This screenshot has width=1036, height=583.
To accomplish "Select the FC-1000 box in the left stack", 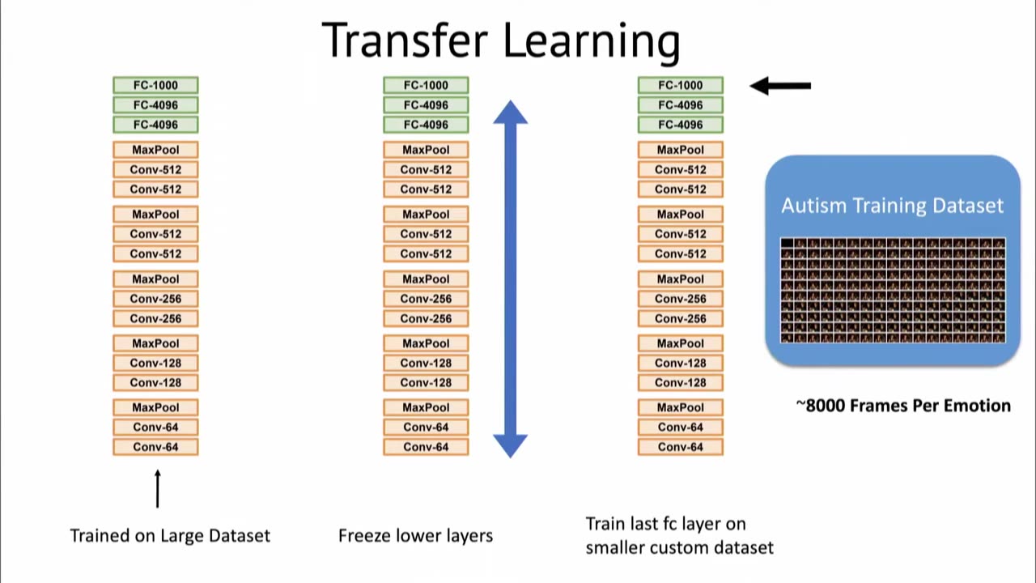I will [x=155, y=85].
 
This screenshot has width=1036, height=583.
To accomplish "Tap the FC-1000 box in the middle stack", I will [x=426, y=85].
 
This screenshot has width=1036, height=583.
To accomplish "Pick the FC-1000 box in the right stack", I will [x=680, y=85].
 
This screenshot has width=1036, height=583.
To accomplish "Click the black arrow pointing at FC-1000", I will [x=780, y=85].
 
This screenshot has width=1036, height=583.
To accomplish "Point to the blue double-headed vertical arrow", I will [x=510, y=279].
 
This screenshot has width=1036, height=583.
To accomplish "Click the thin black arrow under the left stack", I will [x=157, y=488].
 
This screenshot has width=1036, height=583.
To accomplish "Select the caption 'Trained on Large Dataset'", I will [x=170, y=535].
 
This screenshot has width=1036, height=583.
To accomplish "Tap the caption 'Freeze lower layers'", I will [x=415, y=535].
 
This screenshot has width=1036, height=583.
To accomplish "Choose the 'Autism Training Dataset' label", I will [x=892, y=206].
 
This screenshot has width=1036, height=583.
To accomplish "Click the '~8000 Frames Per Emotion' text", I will [x=903, y=406].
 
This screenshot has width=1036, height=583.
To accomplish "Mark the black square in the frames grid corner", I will [x=787, y=243].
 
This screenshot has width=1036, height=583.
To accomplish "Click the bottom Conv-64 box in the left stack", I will [x=155, y=447].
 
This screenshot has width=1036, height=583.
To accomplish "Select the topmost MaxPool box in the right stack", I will [x=680, y=150].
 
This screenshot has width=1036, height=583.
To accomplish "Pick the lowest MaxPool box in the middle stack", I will [x=426, y=407].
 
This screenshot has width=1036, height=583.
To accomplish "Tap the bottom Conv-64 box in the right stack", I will [x=680, y=447].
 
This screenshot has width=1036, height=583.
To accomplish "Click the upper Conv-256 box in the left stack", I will [x=155, y=299].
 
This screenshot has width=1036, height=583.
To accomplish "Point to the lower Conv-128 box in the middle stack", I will [x=426, y=383].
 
